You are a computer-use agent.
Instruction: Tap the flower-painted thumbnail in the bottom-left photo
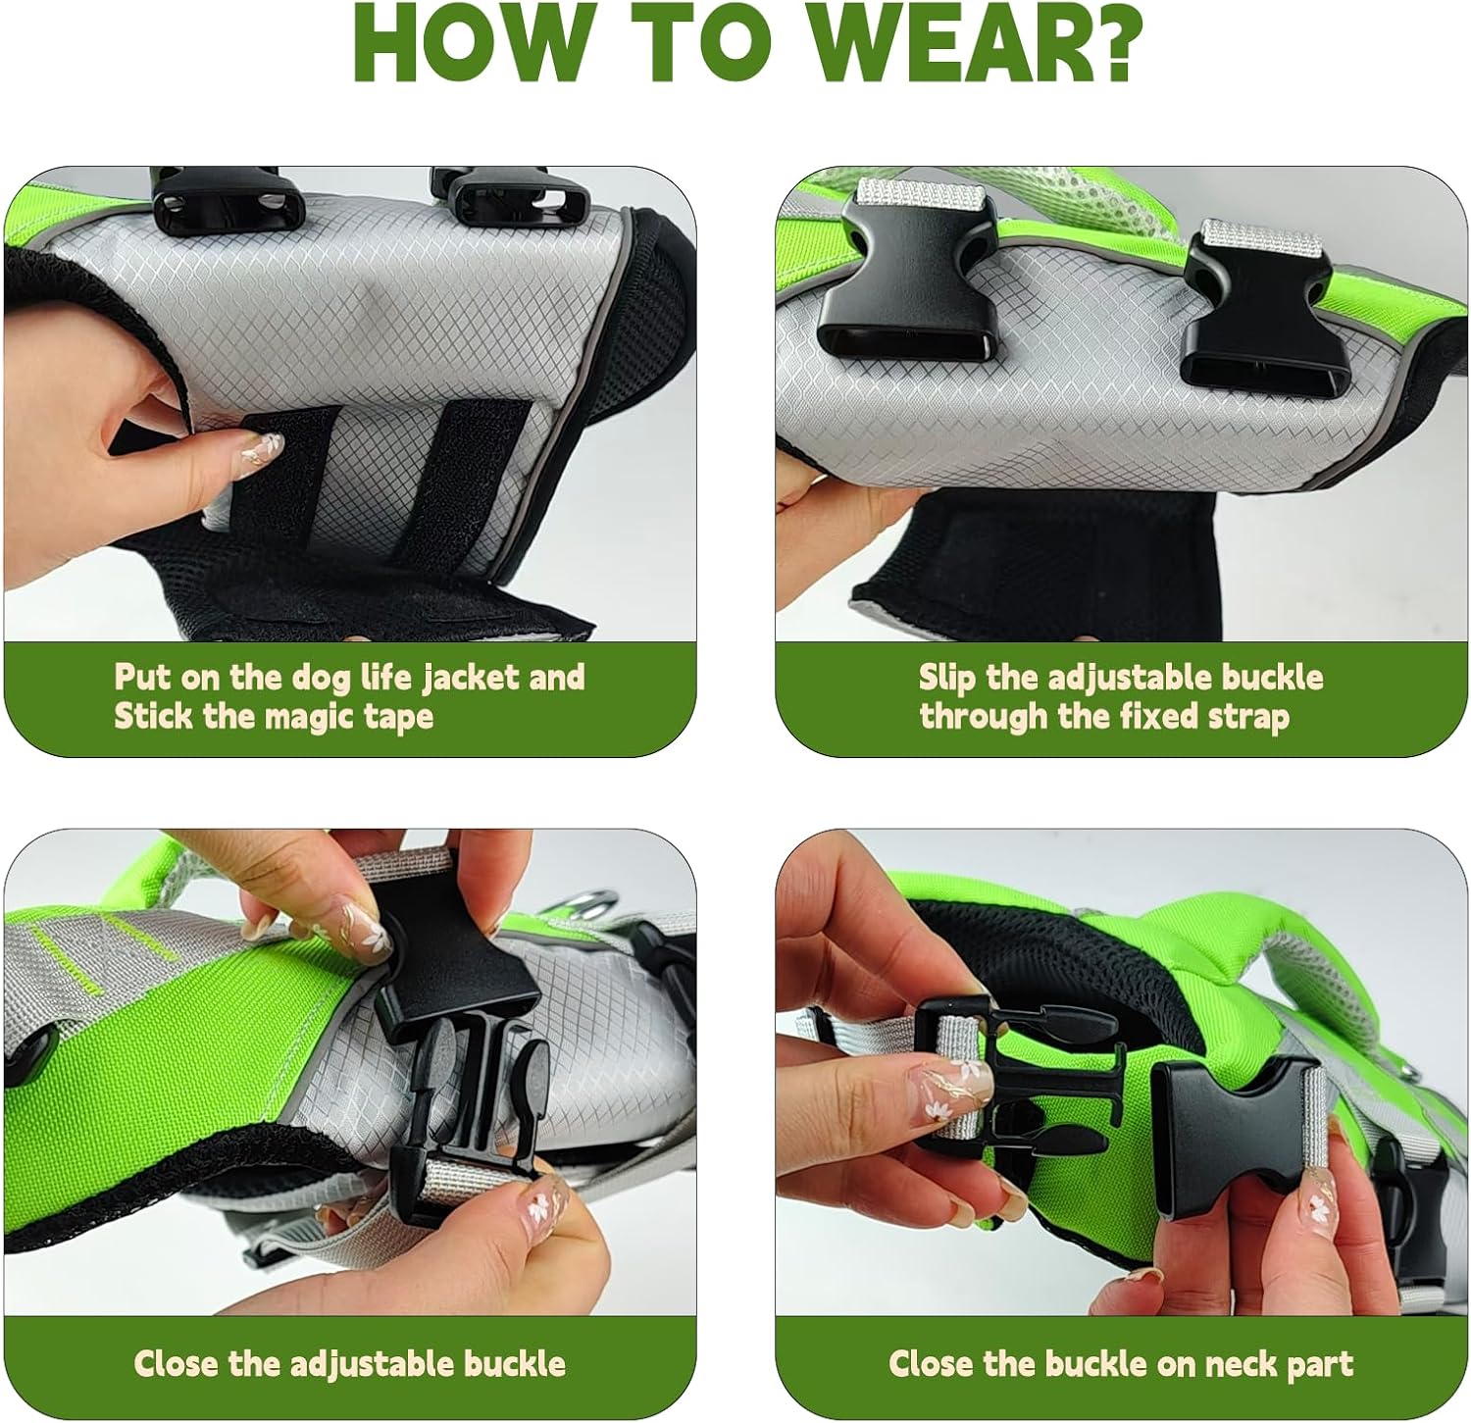(363, 930)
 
